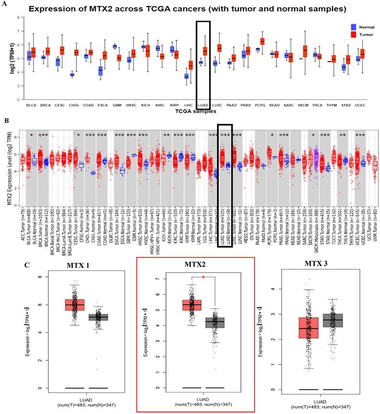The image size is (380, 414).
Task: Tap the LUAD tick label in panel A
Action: [x=203, y=104]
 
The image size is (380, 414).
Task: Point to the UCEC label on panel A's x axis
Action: [x=360, y=104]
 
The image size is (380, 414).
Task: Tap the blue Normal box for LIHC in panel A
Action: [x=186, y=76]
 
